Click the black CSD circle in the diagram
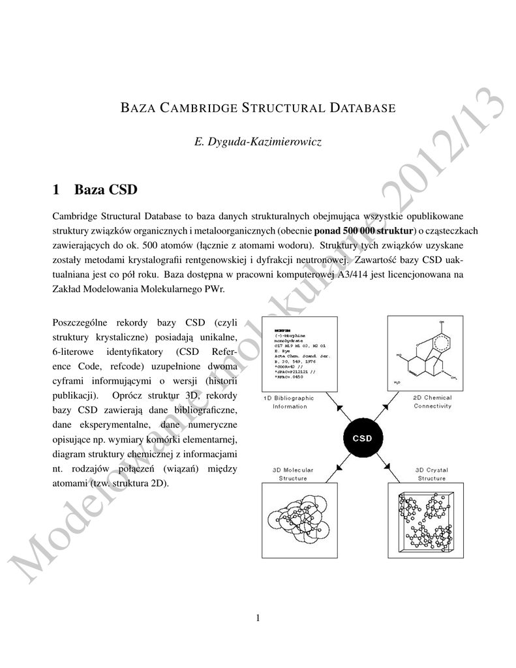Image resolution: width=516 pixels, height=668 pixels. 362,438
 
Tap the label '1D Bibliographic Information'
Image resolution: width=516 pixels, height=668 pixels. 289,402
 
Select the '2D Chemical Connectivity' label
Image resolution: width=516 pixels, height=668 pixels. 432,402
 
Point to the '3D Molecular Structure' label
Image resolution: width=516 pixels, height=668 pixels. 293,474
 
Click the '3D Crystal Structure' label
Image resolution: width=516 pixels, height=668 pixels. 431,474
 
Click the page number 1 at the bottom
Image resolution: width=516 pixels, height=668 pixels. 258,618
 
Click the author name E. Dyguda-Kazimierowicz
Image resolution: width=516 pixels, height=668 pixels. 258,142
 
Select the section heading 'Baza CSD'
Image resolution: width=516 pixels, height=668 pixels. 106,190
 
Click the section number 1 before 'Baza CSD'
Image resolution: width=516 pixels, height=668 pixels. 55,190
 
